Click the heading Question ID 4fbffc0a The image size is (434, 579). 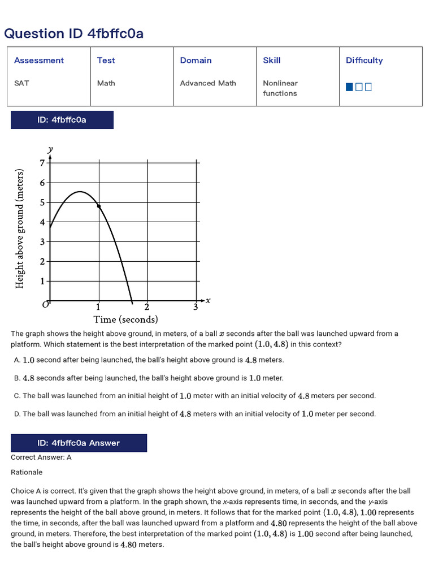coord(73,34)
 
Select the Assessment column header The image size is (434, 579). coord(39,61)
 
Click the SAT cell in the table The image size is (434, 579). coord(21,83)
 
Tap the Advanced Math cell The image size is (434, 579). coord(208,83)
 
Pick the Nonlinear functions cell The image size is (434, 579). coord(280,88)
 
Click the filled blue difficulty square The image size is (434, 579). coord(349,87)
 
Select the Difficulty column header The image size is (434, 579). coord(364,61)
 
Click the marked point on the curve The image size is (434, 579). coord(99,206)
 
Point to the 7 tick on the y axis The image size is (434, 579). coord(42,163)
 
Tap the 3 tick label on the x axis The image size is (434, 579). coord(196,308)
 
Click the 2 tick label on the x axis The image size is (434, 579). coord(147,308)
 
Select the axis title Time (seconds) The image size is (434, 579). coord(125,320)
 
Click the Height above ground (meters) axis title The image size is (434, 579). coord(20,228)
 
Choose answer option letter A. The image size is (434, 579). coord(17,360)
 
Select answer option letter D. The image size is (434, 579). coord(17,414)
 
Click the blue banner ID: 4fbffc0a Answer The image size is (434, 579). coord(79,443)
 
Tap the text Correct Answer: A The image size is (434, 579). coord(41,457)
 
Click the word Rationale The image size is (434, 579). coord(27,472)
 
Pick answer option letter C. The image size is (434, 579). coord(17,396)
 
